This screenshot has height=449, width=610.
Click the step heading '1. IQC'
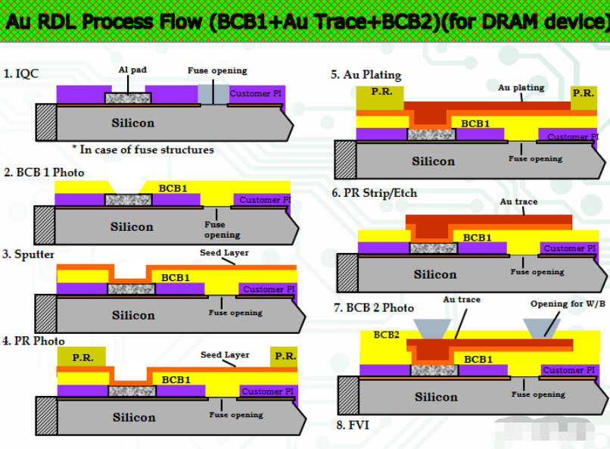pyautogui.click(x=21, y=73)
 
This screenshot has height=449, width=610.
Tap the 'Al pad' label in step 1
pyautogui.click(x=132, y=70)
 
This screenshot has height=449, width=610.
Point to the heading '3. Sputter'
pyautogui.click(x=29, y=254)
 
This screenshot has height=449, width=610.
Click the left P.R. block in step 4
pyautogui.click(x=82, y=357)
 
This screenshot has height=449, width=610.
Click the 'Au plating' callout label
pyautogui.click(x=521, y=88)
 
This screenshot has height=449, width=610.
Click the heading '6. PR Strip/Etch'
pyautogui.click(x=375, y=193)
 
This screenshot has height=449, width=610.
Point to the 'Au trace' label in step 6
pyautogui.click(x=518, y=202)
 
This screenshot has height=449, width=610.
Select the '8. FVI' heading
pyautogui.click(x=352, y=425)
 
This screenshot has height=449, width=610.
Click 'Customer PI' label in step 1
pyautogui.click(x=255, y=94)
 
